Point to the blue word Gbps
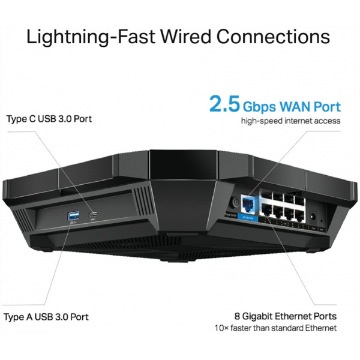tap(262, 107)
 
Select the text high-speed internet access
tap(290, 121)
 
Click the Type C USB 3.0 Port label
tap(49, 118)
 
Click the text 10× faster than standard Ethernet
tap(275, 328)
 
